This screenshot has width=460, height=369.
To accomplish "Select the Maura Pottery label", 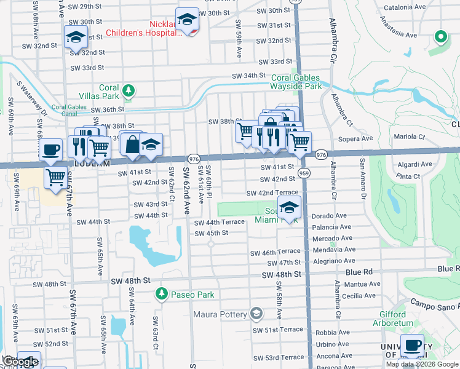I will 221,315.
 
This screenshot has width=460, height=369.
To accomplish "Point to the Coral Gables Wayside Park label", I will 296,82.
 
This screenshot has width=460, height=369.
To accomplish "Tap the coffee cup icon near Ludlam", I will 50,149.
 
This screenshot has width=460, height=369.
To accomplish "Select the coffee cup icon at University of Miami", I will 412,346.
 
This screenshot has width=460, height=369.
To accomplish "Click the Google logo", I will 20,362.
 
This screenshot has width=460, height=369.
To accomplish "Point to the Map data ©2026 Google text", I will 422,364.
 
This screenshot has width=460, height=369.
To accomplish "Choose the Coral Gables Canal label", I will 68,110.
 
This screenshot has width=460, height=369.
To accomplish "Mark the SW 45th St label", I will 211,233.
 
